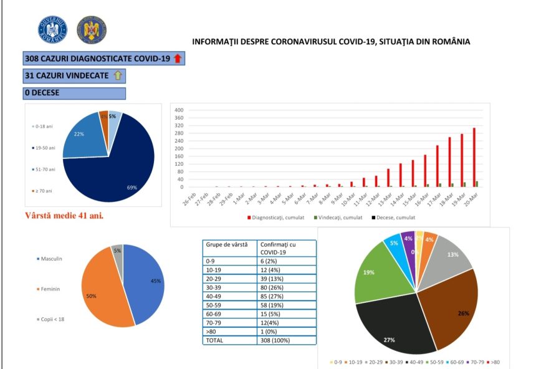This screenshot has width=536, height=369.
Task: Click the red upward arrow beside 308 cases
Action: click(177, 59)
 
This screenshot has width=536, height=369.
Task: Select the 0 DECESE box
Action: click(74, 93)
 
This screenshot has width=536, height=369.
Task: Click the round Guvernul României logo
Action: click(52, 29)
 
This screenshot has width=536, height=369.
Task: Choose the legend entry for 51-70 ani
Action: click(44, 169)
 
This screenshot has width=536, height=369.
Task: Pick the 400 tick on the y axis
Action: click(179, 110)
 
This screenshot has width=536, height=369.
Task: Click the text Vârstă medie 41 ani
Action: click(64, 216)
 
